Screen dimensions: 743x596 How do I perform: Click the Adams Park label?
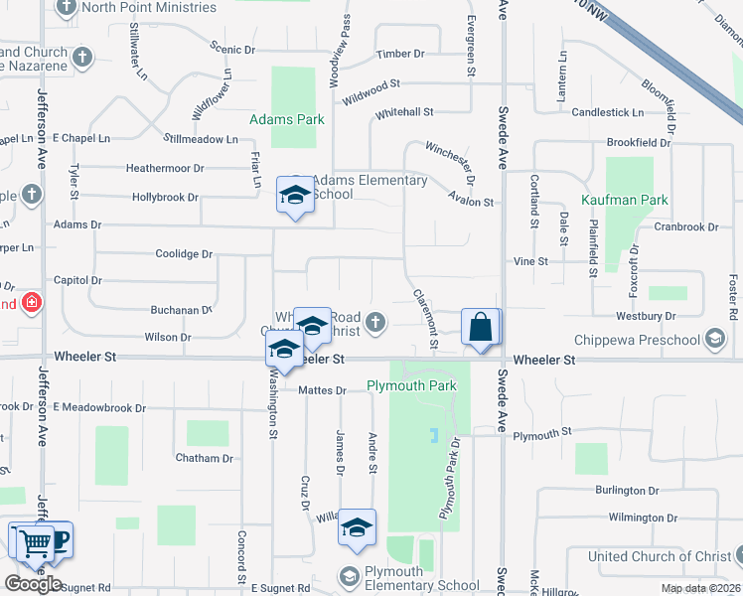(x=287, y=119)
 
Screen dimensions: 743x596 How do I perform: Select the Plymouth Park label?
(x=411, y=385)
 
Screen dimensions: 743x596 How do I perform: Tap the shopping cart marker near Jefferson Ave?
(x=34, y=542)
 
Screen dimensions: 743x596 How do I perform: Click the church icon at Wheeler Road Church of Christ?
(x=374, y=320)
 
